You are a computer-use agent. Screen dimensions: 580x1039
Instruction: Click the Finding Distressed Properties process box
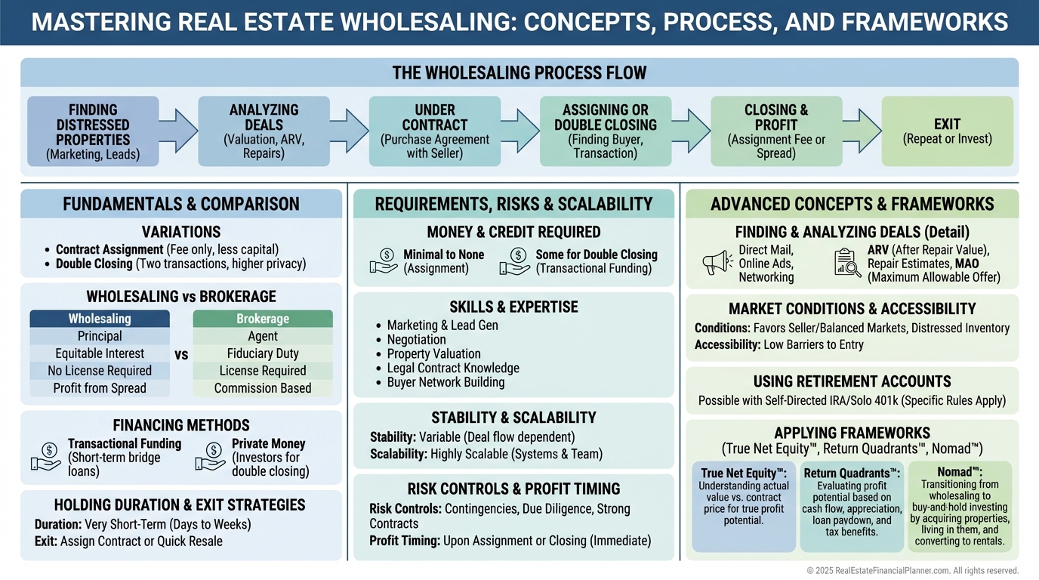point(93,131)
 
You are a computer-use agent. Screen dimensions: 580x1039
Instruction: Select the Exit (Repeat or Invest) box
point(947,131)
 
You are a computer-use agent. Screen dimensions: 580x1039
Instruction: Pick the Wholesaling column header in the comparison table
point(100,319)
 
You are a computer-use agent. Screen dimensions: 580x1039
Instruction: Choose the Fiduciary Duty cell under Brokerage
point(263,353)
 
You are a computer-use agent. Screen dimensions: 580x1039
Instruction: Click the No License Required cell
point(100,371)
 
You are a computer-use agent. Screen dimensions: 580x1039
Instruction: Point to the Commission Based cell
point(263,388)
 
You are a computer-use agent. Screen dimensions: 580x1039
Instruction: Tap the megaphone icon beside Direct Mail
point(717,263)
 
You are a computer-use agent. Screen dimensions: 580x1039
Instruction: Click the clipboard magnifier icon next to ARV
point(847,263)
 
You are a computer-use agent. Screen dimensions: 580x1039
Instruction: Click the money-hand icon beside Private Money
point(210,457)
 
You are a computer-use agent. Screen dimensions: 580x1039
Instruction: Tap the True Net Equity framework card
point(744,506)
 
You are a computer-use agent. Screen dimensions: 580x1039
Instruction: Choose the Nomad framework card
point(960,506)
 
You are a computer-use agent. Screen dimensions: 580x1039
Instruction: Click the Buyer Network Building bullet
point(446,382)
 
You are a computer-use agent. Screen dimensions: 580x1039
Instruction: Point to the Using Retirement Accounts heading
point(852,381)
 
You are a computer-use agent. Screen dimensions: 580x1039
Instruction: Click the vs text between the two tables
point(181,353)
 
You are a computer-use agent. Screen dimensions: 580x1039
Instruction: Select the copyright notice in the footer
point(912,571)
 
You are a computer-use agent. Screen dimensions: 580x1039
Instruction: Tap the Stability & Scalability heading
point(513,418)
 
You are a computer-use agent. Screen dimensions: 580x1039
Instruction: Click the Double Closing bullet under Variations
point(181,264)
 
